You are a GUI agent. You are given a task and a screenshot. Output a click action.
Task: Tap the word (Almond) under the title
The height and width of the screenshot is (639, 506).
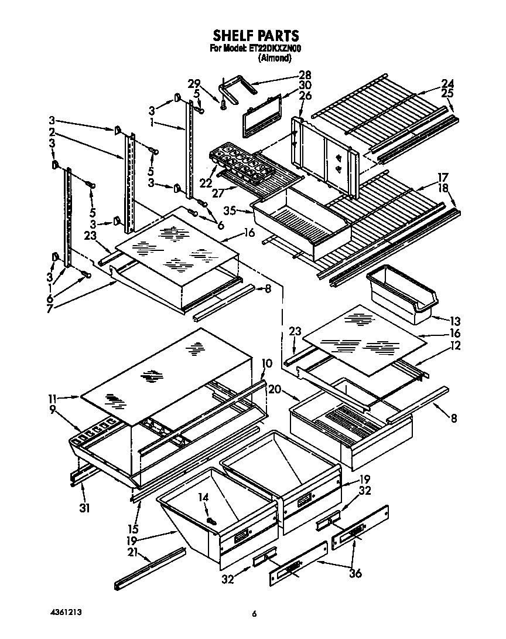click(x=275, y=57)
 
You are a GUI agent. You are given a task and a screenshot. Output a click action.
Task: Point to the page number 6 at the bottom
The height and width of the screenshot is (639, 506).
click(x=254, y=614)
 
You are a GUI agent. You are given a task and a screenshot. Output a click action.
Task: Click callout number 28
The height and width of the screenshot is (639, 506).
click(x=305, y=75)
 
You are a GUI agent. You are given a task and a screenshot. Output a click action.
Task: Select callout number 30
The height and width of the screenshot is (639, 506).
click(x=305, y=85)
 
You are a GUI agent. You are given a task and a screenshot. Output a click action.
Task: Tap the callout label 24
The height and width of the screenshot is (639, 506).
click(x=447, y=83)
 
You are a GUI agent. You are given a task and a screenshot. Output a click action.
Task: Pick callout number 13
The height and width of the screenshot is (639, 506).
click(x=455, y=321)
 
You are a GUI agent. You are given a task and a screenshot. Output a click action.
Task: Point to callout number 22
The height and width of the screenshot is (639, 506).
click(x=205, y=183)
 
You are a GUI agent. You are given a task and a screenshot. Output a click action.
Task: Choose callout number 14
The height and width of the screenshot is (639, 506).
click(x=203, y=498)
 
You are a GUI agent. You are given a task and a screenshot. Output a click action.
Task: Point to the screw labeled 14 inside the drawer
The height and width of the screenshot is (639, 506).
click(x=210, y=520)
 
